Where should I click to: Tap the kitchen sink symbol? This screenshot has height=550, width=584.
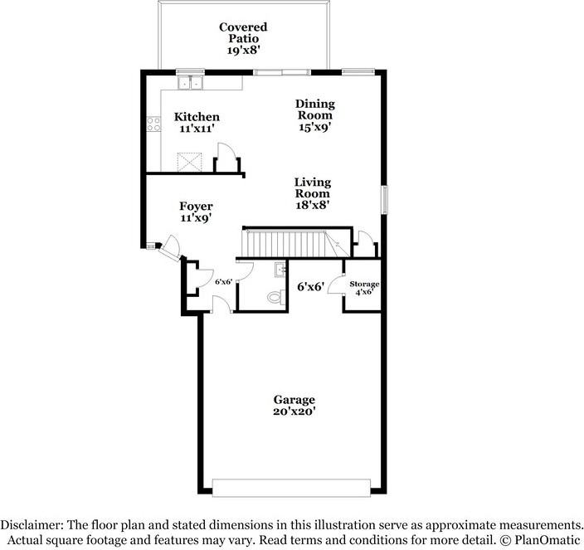[190, 82]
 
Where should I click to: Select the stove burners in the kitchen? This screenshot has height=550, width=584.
[153, 124]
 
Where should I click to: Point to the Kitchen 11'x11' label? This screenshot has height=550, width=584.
[197, 123]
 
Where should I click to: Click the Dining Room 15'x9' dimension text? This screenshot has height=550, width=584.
[315, 128]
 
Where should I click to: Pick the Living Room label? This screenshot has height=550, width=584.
[313, 187]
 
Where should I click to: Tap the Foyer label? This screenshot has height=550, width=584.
[196, 206]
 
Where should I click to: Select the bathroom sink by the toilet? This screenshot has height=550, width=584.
[280, 270]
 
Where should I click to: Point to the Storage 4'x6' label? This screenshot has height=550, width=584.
[364, 288]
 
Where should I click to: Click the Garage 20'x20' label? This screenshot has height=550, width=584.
[294, 406]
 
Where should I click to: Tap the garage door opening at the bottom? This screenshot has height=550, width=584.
[291, 488]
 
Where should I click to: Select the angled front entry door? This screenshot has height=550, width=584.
[170, 249]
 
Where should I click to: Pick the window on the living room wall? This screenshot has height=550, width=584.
[384, 200]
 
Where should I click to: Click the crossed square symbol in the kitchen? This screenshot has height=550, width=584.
[189, 162]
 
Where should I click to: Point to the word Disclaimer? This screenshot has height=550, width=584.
[32, 525]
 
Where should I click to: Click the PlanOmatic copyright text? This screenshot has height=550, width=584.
[540, 540]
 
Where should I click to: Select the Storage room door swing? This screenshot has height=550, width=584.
[336, 285]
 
